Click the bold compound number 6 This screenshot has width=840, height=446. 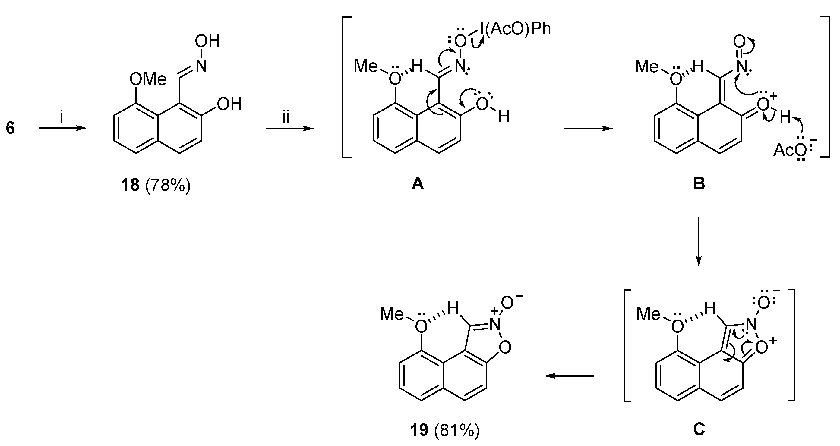pos(11,128)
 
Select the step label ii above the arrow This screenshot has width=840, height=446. pos(286,117)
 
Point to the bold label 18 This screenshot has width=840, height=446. pos(130,186)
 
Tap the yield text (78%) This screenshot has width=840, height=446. pos(168,186)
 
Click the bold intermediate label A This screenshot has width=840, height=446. pos(417,184)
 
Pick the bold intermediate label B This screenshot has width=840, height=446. pos(699,184)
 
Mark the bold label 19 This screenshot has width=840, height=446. pos(419,430)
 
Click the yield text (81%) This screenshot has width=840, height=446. pos(457,430)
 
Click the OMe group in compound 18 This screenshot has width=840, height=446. pos(148,79)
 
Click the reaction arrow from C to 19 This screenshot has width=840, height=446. pos(569,376)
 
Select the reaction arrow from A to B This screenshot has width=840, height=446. pos(588,129)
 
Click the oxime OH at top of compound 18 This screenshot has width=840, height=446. pos(207,42)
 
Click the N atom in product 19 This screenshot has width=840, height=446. pos(495,324)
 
